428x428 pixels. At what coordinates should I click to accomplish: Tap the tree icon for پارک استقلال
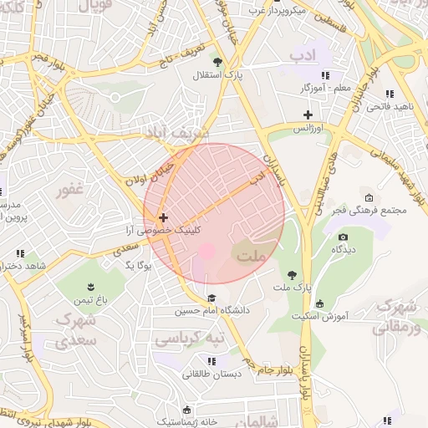[x=217, y=62]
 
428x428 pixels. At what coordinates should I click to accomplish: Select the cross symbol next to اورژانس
[x=308, y=115]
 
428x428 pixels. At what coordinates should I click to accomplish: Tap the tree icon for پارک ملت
[x=291, y=274]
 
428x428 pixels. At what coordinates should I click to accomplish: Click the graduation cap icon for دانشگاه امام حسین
[x=211, y=298]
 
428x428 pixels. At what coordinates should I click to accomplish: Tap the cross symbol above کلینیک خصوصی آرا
[x=163, y=217]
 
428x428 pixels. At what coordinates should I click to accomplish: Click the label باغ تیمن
[x=87, y=299]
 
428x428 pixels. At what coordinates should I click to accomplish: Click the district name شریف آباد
[x=174, y=135]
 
